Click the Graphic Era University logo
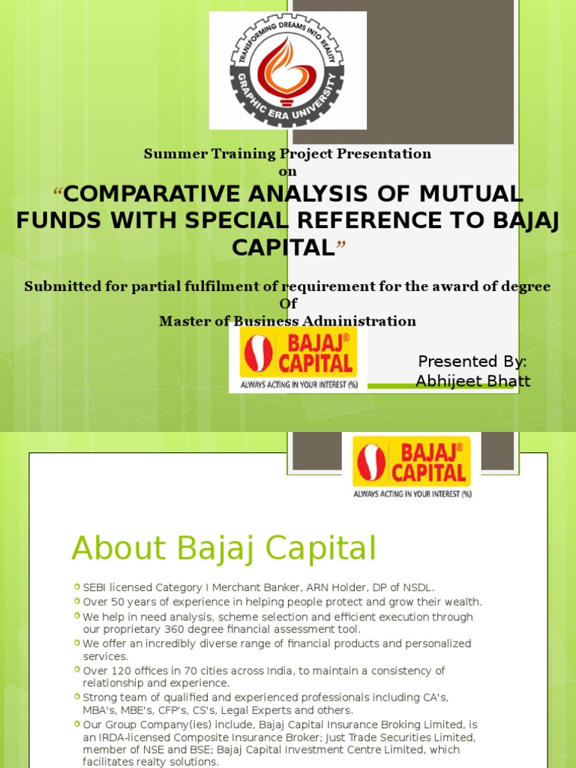point(287,71)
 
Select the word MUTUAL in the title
point(471,194)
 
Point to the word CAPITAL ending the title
point(283,247)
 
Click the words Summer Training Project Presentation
point(287,154)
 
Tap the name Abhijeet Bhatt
point(472,380)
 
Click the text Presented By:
point(472,361)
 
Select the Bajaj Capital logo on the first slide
point(298,359)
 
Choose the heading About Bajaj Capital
point(223,548)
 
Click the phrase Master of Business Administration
point(287,321)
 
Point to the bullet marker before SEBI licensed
point(77,586)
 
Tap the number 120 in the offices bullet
point(121,670)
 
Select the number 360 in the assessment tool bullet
point(174,629)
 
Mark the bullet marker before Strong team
point(77,696)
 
